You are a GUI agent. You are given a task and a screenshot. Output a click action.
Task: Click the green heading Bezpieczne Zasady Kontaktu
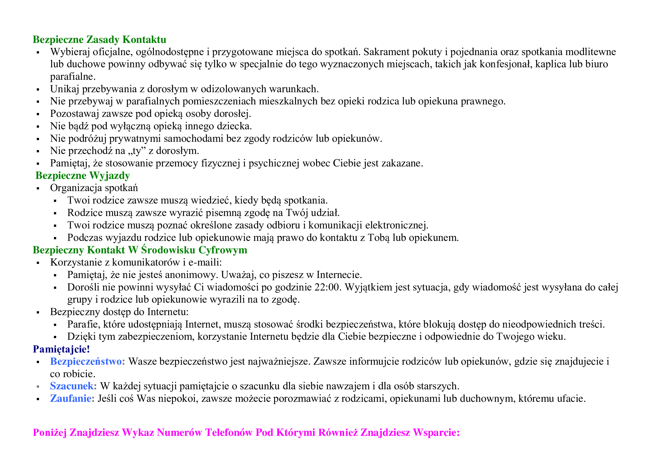[100, 40]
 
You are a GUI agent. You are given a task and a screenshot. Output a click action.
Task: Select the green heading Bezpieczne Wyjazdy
[82, 175]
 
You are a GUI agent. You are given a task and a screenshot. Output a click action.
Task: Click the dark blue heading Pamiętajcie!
[61, 349]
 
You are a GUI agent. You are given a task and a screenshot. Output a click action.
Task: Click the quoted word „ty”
[136, 151]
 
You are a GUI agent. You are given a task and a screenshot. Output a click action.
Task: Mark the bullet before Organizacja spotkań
[38, 188]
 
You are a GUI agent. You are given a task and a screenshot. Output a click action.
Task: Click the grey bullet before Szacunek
[38, 386]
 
